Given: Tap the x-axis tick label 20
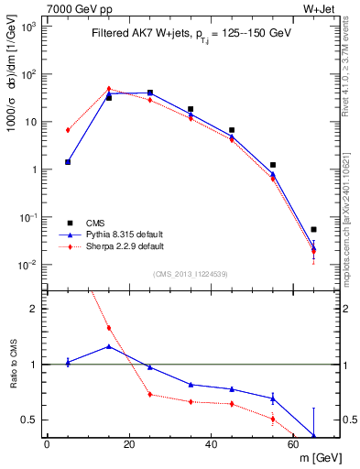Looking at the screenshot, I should click(129, 446).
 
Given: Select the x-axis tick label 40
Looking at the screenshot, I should click(212, 446).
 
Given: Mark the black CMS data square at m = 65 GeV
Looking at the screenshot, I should click(313, 230).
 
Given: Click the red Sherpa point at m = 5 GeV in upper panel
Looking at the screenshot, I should click(68, 130).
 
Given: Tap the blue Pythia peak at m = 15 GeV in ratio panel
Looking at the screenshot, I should click(109, 346).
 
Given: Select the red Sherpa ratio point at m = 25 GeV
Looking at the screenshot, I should click(150, 395).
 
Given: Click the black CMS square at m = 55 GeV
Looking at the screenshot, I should click(273, 165).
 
